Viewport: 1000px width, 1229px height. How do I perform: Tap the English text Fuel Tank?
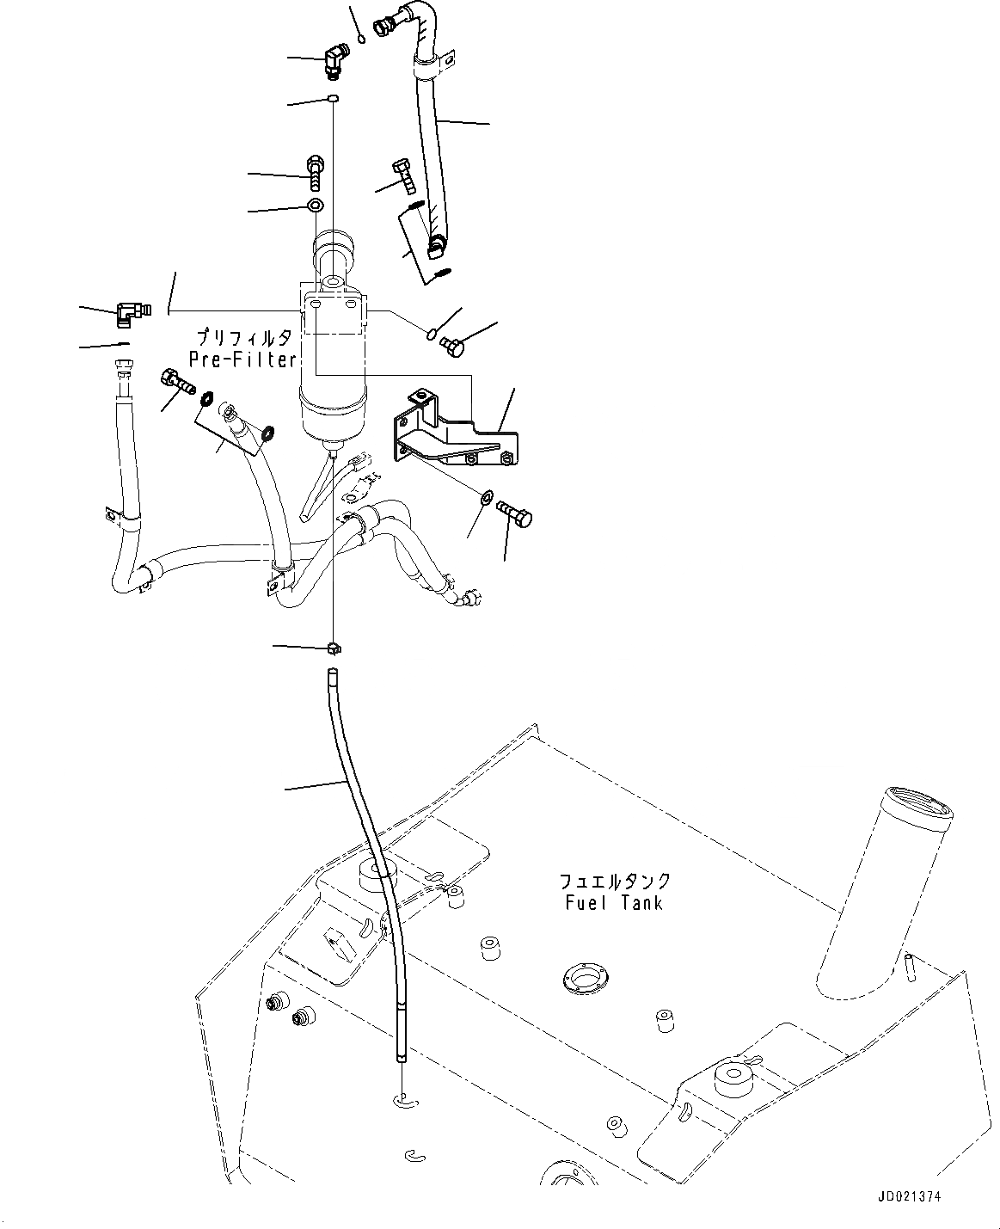point(614,903)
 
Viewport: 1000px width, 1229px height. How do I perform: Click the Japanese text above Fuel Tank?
point(614,882)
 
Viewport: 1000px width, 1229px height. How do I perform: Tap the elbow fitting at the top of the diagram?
point(335,61)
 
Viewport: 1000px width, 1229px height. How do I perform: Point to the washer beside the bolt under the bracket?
point(486,497)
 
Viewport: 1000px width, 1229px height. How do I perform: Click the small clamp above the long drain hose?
point(334,646)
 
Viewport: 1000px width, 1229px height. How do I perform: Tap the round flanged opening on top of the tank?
point(586,976)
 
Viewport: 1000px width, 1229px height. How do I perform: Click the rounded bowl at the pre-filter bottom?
point(332,421)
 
